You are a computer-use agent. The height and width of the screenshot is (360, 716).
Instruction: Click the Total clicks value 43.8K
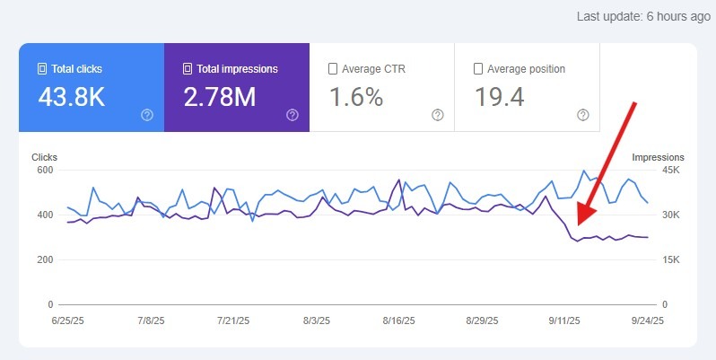[71, 97]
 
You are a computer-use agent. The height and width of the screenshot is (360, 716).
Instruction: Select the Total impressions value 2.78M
[220, 97]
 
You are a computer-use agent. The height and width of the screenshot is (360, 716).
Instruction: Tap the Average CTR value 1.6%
[356, 97]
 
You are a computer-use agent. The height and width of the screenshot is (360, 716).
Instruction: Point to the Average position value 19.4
[500, 97]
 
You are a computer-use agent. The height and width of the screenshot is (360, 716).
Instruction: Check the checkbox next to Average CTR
[333, 68]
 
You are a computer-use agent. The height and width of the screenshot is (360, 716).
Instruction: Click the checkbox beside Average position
[478, 68]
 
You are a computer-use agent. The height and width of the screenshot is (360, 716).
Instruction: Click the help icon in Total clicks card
[147, 115]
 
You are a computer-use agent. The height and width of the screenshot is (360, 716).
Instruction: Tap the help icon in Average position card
[583, 115]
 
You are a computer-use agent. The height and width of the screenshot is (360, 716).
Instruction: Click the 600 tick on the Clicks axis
[44, 170]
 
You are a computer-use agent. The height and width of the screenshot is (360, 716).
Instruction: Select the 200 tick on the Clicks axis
[44, 259]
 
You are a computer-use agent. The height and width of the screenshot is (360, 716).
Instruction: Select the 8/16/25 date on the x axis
[398, 320]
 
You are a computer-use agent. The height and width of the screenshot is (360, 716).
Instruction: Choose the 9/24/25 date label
[645, 320]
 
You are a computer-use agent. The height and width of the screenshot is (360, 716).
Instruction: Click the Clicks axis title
[44, 156]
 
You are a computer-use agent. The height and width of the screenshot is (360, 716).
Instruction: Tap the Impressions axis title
[658, 156]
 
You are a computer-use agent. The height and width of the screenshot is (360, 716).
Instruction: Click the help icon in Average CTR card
[438, 115]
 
